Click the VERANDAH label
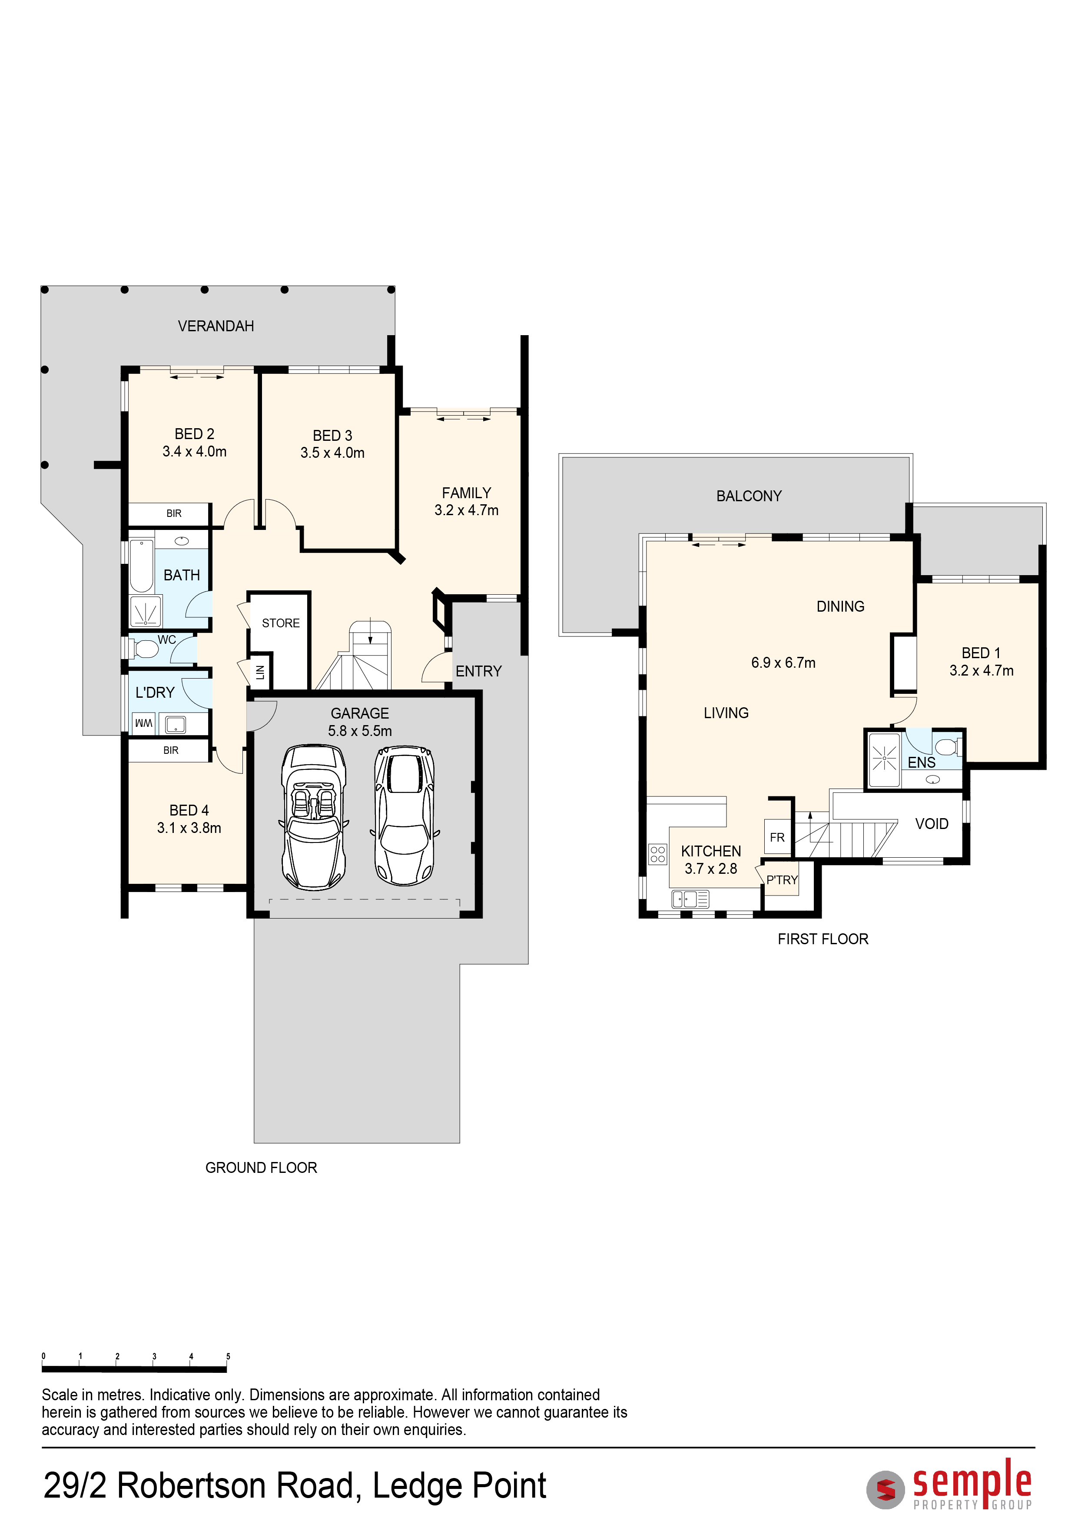click(216, 326)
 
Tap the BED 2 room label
click(195, 434)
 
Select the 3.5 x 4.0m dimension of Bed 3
click(332, 453)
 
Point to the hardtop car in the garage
click(404, 816)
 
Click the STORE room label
click(281, 623)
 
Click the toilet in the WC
click(143, 648)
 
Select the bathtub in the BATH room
click(141, 566)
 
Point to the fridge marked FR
click(777, 838)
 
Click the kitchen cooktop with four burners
click(657, 854)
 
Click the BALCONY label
click(749, 496)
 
